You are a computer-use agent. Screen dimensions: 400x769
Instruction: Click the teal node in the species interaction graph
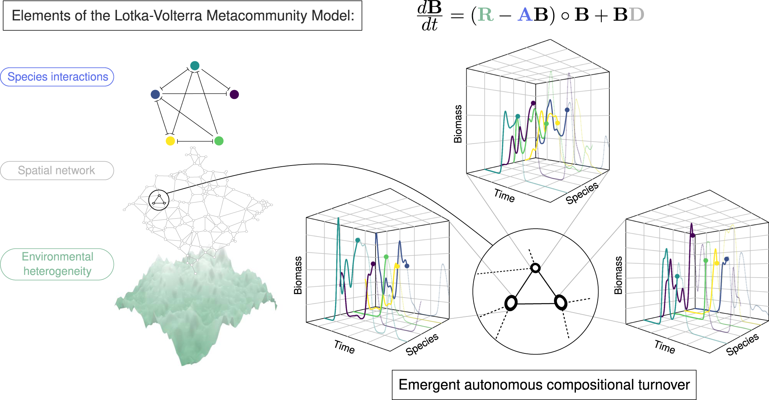[x=195, y=65]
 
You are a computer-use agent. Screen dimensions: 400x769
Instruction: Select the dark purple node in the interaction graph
[x=234, y=94]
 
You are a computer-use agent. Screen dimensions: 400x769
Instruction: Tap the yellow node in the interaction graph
[x=170, y=141]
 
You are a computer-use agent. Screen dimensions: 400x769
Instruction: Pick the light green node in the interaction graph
[x=219, y=141]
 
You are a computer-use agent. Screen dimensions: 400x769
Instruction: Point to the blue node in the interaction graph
[x=155, y=94]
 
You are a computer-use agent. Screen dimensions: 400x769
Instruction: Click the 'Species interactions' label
[x=58, y=77]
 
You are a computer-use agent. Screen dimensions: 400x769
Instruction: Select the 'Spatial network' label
[x=57, y=171]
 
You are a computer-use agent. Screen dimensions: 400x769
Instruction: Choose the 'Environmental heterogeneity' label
[x=57, y=264]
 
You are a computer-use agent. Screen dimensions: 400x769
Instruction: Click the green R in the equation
[x=485, y=15]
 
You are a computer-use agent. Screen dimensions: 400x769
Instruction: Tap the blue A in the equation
[x=525, y=15]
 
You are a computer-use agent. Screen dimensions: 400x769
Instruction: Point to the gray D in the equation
[x=637, y=15]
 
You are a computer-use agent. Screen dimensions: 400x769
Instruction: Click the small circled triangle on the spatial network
[x=159, y=200]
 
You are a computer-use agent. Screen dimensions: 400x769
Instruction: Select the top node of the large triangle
[x=535, y=268]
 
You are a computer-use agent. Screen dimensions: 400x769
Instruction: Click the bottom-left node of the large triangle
[x=511, y=303]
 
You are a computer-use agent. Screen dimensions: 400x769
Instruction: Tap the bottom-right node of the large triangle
[x=560, y=302]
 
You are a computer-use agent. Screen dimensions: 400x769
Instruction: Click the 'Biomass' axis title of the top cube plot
[x=458, y=124]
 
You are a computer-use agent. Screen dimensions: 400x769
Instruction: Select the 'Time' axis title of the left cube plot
[x=344, y=347]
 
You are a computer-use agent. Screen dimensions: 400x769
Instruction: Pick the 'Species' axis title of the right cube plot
[x=742, y=344]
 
